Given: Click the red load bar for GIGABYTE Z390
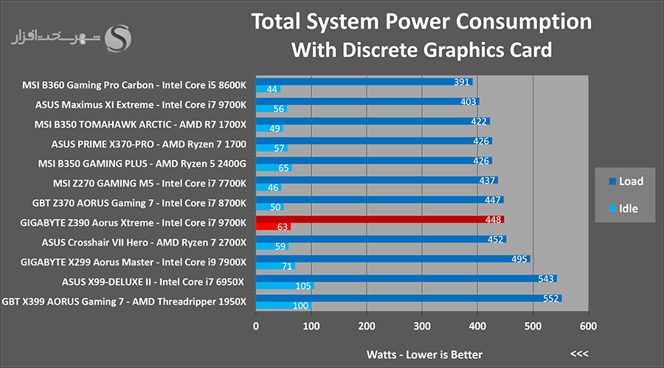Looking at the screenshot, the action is tap(380, 219).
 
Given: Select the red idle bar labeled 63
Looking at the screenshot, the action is tap(273, 227).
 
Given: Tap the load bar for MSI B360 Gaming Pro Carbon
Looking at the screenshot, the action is tap(364, 82).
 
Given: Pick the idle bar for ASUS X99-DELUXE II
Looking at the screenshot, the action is tap(285, 286).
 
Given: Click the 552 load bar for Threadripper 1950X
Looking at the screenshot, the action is tap(409, 298).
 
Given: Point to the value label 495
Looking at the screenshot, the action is tap(519, 259).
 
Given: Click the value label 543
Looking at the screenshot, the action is tap(545, 279).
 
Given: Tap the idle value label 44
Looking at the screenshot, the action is tap(272, 89).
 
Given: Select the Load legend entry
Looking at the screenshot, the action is tap(626, 181).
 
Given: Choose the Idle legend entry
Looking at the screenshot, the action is tap(623, 209).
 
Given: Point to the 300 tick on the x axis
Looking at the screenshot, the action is tap(422, 326).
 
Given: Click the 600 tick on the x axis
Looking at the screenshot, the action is tap(588, 326).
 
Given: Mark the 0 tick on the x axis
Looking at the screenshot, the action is tap(256, 326).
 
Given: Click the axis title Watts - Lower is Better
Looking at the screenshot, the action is tap(424, 355).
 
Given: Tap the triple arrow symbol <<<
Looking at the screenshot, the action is tap(579, 353).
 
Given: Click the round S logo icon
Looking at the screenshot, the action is tap(118, 38).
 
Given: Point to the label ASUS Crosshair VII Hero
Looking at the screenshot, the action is tap(95, 243).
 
